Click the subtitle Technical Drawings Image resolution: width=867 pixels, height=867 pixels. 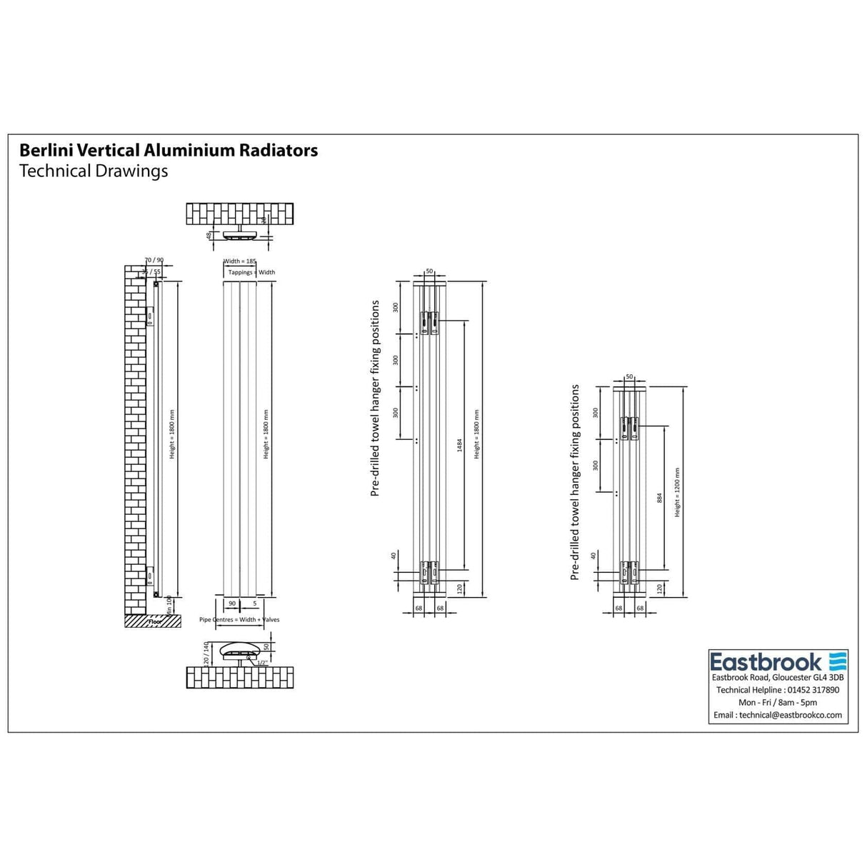[x=94, y=171]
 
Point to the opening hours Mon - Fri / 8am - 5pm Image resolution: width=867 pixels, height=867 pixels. [x=778, y=703]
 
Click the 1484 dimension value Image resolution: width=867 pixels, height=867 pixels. [x=461, y=445]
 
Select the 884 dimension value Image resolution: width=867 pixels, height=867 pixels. [x=659, y=498]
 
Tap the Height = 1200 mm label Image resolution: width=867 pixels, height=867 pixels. [x=677, y=493]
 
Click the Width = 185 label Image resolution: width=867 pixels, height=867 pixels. [x=240, y=262]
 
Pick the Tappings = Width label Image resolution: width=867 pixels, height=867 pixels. [x=251, y=272]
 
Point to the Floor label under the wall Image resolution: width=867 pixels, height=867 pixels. [x=156, y=622]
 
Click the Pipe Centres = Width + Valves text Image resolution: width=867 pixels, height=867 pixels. [x=239, y=620]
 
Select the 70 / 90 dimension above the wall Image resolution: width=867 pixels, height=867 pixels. [x=154, y=261]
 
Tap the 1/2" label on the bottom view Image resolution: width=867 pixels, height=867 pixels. [x=262, y=663]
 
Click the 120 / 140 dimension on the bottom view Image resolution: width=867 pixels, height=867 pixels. [x=206, y=653]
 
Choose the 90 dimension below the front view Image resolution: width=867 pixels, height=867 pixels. [x=232, y=604]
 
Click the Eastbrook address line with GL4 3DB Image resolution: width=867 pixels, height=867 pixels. [x=778, y=678]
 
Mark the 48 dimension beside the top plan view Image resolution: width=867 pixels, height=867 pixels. [x=209, y=234]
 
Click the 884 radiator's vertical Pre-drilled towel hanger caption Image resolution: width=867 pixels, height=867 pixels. [x=575, y=482]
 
